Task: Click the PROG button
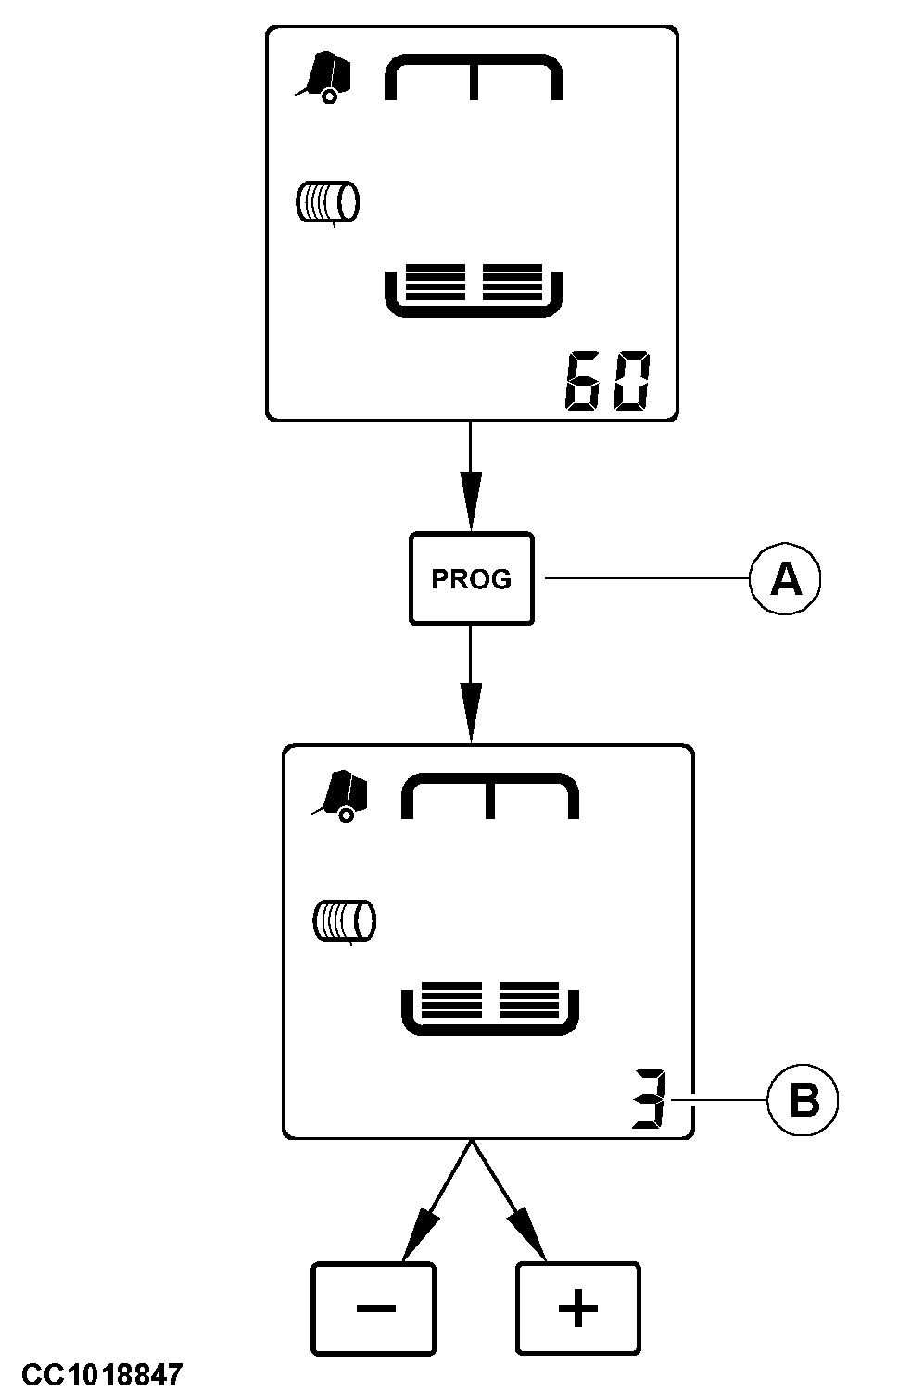[x=471, y=578]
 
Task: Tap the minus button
[x=373, y=1308]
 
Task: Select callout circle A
[x=785, y=579]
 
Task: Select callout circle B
[x=803, y=1102]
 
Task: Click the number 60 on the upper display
[x=607, y=382]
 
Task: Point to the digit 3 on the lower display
[x=649, y=1100]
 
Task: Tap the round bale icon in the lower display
[x=345, y=921]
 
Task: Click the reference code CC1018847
[x=103, y=1373]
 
